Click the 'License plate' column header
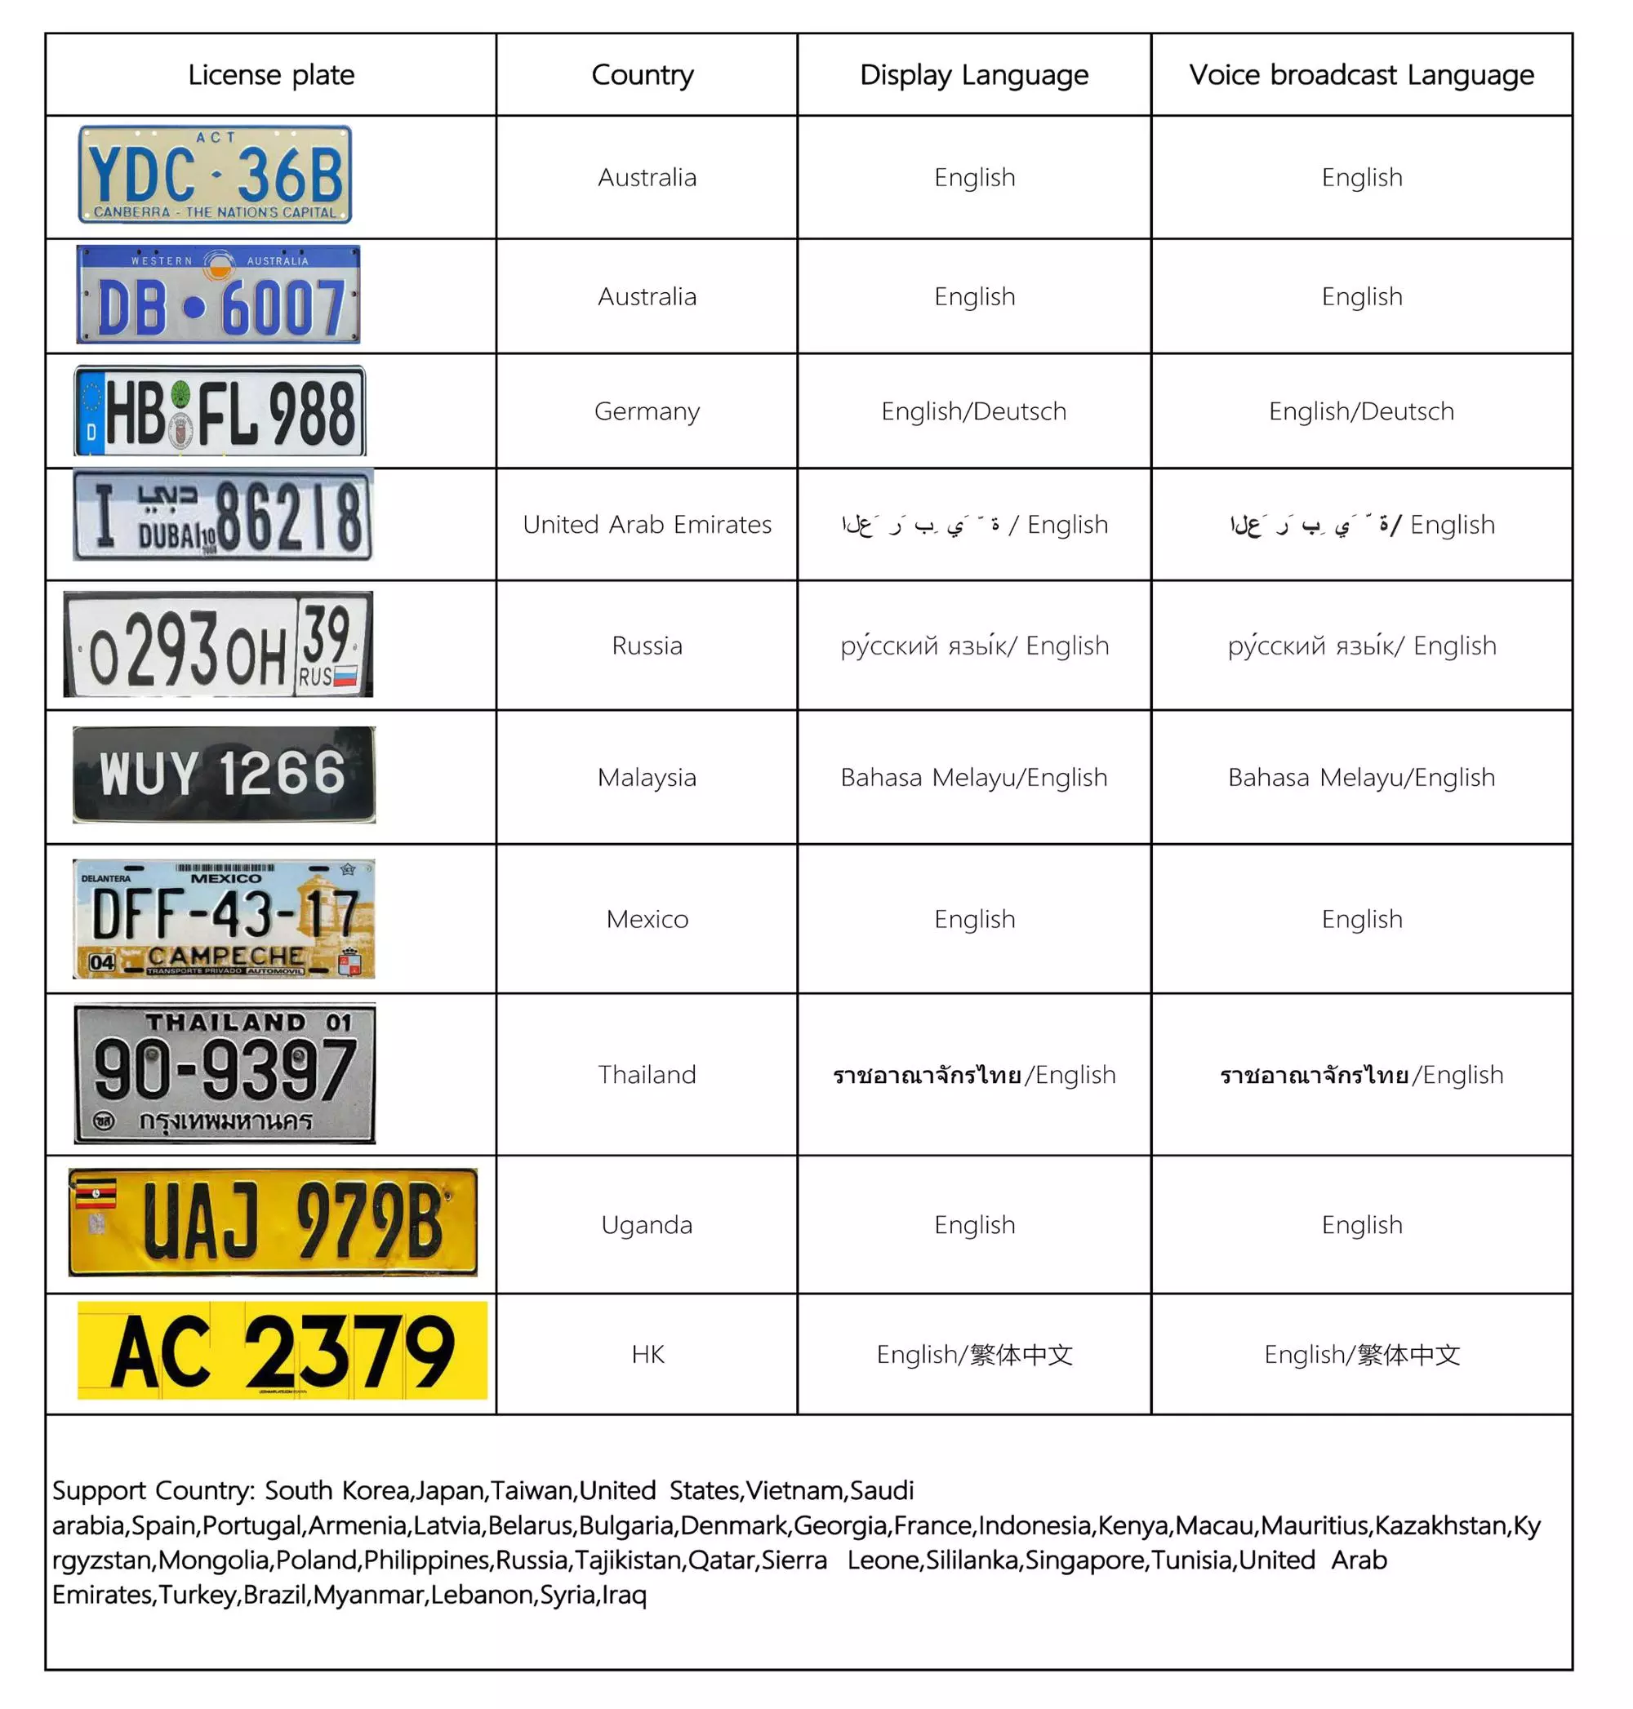click(271, 75)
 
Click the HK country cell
click(647, 1354)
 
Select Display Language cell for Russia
click(974, 645)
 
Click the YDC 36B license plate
click(215, 174)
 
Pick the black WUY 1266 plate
click(224, 774)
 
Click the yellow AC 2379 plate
click(282, 1351)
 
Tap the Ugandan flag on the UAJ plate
click(96, 1194)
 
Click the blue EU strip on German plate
click(91, 411)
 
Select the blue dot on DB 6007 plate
click(194, 307)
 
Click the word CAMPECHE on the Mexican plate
click(225, 956)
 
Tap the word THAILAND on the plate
click(225, 1022)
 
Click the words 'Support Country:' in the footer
click(153, 1489)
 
